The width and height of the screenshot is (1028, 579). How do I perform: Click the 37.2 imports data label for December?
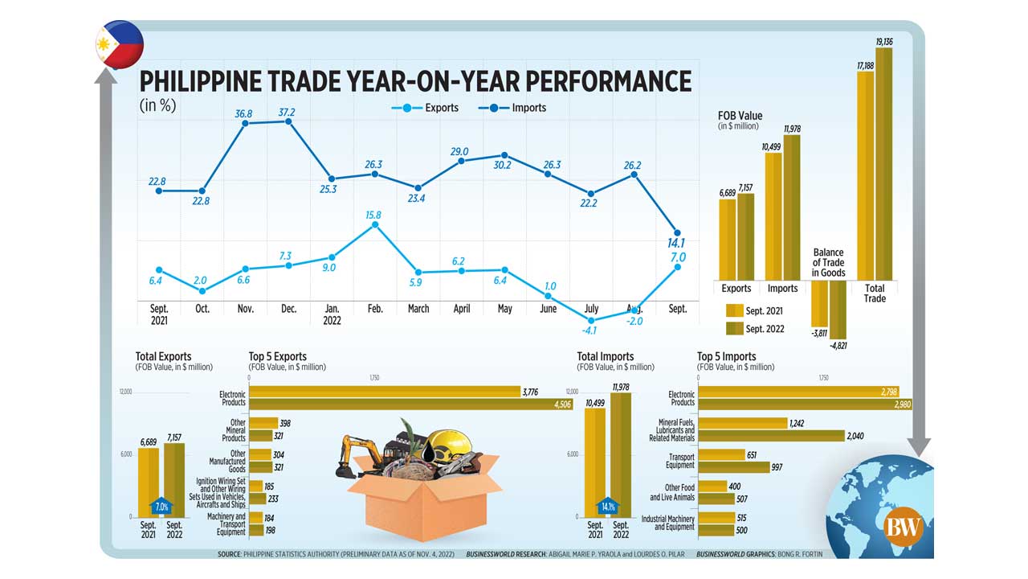pos(287,113)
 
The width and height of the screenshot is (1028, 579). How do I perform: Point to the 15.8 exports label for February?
pos(373,216)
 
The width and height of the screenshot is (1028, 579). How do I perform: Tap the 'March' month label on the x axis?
pos(418,309)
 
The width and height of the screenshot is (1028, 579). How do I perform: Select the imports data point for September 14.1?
pos(677,233)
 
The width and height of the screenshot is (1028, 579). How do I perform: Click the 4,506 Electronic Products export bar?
pos(410,404)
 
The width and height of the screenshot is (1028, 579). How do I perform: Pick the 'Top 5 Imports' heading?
pos(726,356)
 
